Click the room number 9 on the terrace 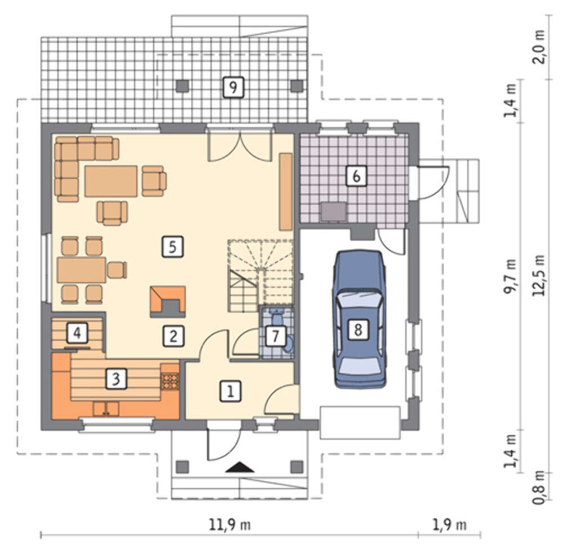[233, 87]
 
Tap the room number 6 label [356, 175]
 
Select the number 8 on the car [358, 329]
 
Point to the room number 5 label [173, 247]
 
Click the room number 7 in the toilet [275, 336]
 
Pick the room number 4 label [77, 333]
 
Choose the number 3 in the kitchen [117, 378]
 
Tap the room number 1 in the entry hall [230, 391]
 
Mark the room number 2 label [174, 336]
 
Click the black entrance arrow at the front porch [240, 467]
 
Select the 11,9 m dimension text [230, 525]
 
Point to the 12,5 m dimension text [539, 275]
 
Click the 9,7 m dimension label [510, 277]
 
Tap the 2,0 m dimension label [539, 47]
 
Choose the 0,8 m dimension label [539, 487]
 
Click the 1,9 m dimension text [449, 525]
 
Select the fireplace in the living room [168, 302]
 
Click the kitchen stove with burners [169, 382]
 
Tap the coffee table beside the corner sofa [111, 181]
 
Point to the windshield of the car [359, 298]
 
